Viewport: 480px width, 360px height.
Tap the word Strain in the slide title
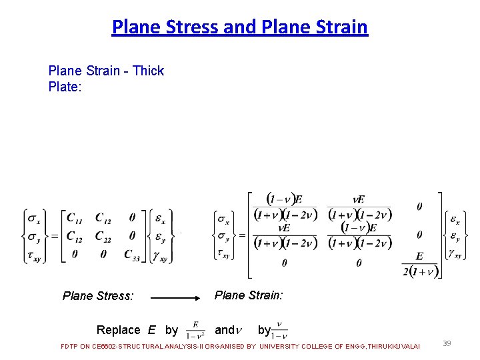coord(341,27)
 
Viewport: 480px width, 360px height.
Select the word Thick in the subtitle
coord(148,71)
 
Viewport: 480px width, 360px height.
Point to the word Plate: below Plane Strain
coord(65,87)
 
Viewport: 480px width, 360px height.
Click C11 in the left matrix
coord(75,217)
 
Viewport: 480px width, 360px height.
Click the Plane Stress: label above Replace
coord(98,296)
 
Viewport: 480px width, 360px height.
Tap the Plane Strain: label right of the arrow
coord(249,295)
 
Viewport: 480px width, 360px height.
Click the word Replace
coord(118,330)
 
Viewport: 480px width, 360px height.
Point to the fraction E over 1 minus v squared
coord(195,329)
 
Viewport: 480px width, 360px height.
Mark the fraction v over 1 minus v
coord(279,329)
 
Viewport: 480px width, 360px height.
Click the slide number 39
coord(447,343)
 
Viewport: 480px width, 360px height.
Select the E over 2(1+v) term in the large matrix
coord(419,263)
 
